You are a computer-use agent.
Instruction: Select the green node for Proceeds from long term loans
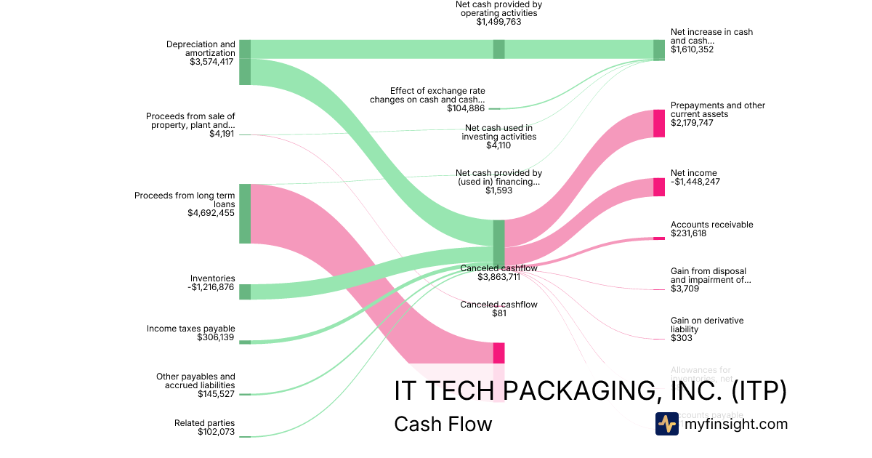point(245,214)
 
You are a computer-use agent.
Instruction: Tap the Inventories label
point(213,278)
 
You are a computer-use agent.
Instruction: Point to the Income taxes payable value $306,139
point(216,338)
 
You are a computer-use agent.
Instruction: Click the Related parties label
point(205,423)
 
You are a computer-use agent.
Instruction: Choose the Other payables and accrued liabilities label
point(195,381)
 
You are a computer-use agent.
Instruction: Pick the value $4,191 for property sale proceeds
point(222,134)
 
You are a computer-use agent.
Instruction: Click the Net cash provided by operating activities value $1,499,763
point(498,22)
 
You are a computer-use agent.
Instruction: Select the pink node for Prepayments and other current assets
point(659,123)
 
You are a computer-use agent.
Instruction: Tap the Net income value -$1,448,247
point(695,182)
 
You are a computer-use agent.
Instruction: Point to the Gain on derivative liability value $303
point(682,338)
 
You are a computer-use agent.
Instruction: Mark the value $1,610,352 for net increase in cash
point(692,49)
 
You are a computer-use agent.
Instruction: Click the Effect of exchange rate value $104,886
point(466,108)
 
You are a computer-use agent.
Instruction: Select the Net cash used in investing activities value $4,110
point(498,145)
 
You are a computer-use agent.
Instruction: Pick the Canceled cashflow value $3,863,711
point(498,277)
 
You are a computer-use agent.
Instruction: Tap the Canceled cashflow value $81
point(498,313)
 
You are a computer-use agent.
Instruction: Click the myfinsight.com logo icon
point(667,424)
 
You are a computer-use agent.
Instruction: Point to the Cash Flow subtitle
point(443,424)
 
